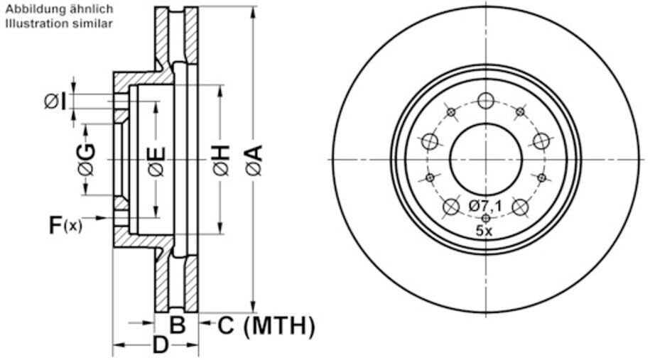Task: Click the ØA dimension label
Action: click(x=254, y=159)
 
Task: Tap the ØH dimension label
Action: click(x=220, y=159)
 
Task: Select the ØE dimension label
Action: click(x=156, y=160)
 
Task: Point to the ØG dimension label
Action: click(x=87, y=159)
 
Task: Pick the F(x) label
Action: click(x=65, y=226)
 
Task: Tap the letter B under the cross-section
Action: click(x=178, y=326)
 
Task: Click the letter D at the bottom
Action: click(x=161, y=347)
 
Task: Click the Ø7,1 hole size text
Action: click(x=486, y=206)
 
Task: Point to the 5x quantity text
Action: click(x=485, y=230)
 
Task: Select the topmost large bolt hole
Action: click(x=486, y=101)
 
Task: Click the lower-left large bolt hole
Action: click(x=451, y=207)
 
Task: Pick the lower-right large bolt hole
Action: click(x=521, y=207)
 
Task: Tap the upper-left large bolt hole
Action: click(x=430, y=141)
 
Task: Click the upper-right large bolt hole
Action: click(x=541, y=141)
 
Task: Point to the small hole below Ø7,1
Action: click(x=486, y=218)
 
